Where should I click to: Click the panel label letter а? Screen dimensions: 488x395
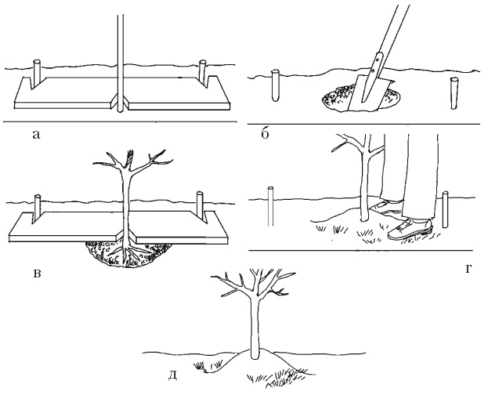point(36,135)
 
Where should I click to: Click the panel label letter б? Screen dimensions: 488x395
point(265,133)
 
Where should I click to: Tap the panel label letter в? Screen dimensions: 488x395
point(37,274)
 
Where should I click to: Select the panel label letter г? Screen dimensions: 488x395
point(468,269)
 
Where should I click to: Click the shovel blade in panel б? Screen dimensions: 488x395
point(370,92)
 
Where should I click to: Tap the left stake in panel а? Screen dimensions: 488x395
point(37,74)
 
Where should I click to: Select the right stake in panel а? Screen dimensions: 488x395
point(203,73)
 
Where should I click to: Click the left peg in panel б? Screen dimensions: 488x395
point(276,85)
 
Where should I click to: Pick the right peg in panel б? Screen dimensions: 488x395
point(454,93)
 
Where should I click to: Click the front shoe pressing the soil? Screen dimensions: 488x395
point(410,229)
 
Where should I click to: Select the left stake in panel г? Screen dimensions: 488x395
point(271,206)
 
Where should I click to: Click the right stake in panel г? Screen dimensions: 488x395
point(446,209)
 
